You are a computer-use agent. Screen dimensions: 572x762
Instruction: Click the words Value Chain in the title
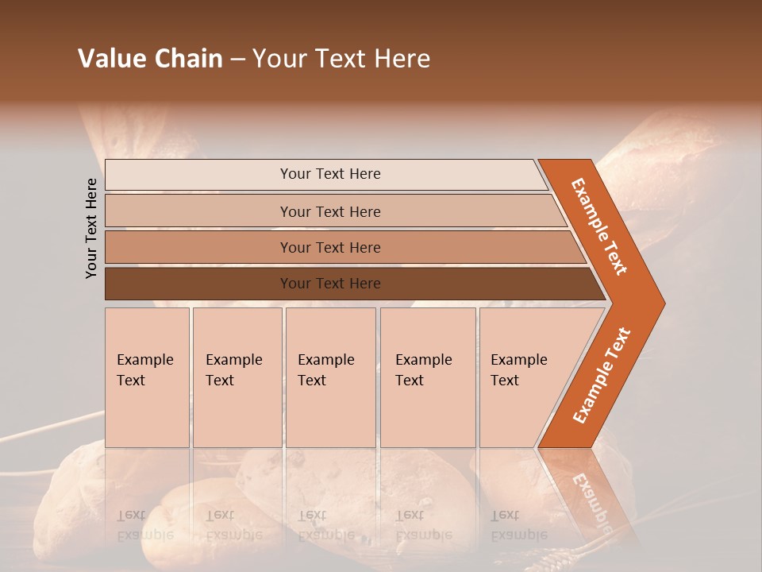(x=150, y=59)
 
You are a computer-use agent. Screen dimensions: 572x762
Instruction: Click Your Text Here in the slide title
(x=341, y=59)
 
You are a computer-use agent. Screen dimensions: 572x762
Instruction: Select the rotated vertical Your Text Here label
(x=91, y=228)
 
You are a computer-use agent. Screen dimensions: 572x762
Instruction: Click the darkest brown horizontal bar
(x=198, y=284)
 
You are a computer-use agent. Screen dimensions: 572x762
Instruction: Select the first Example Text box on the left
(x=147, y=377)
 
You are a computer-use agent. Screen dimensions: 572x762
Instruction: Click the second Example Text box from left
(x=237, y=377)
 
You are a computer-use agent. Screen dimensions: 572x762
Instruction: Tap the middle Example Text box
(x=330, y=377)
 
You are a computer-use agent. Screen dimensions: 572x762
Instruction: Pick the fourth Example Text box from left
(x=428, y=377)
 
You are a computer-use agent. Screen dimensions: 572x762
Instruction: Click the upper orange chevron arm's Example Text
(x=599, y=226)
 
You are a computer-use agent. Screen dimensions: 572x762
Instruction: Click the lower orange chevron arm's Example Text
(x=602, y=376)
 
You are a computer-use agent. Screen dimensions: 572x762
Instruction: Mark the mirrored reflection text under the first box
(x=144, y=525)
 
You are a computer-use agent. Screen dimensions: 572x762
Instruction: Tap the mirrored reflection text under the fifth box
(x=518, y=525)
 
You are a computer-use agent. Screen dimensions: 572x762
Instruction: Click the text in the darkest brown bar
(x=330, y=284)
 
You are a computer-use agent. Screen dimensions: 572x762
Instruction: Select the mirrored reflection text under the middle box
(x=325, y=525)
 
